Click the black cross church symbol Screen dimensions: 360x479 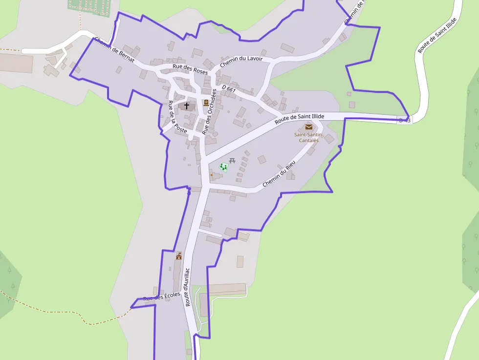186,106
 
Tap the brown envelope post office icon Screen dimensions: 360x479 308,127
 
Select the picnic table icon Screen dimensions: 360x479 232,160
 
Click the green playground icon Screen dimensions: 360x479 223,167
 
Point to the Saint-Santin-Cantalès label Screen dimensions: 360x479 306,137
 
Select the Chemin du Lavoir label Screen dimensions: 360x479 241,62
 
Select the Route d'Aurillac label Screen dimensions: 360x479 187,286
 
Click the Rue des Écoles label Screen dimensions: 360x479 161,296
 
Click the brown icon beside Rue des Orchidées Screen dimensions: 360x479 206,103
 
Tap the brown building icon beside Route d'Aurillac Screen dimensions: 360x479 179,255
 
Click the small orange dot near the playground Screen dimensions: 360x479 211,175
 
